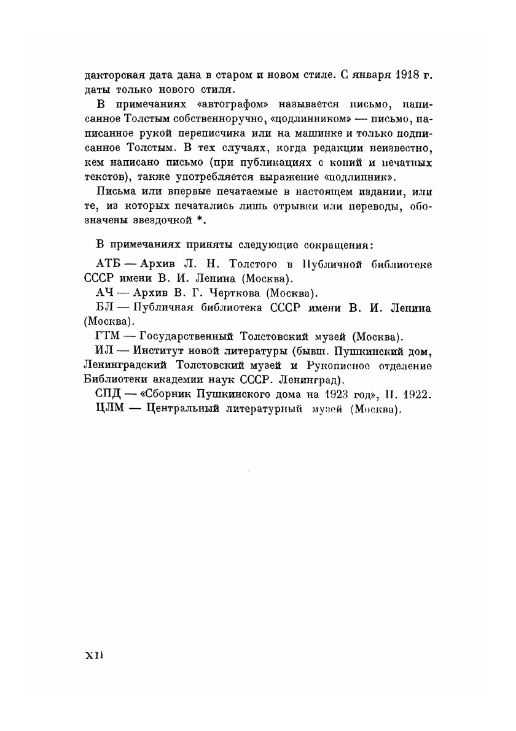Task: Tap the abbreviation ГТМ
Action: tap(111, 336)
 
